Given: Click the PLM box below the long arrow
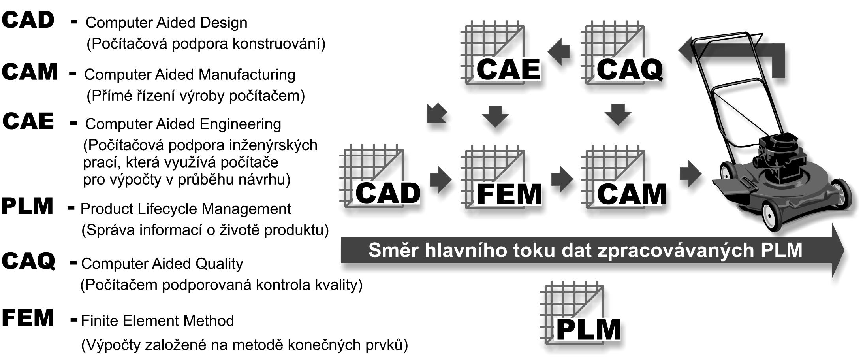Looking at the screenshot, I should coord(579,316).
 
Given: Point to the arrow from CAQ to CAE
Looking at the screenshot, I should coord(559,52).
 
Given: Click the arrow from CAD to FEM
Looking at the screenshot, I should coord(440,179).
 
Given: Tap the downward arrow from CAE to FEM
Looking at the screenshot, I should coord(495,116).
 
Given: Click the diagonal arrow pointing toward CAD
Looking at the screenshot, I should coord(436,113).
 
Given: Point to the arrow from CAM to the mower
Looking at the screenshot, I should coord(690,174).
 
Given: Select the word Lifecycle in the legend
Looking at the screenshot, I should coord(172,209).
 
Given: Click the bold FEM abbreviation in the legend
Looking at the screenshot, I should coord(28,318).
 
